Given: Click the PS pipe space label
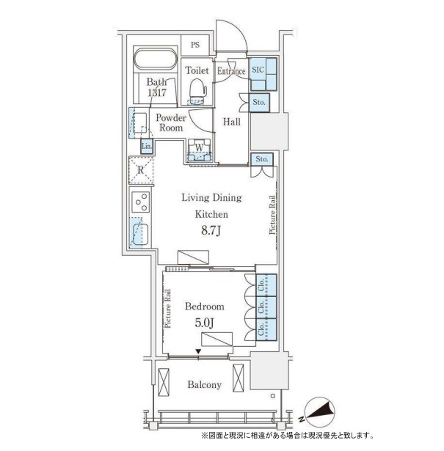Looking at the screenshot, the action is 195,45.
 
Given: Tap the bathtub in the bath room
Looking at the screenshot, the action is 156,59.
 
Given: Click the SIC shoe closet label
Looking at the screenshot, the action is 258,70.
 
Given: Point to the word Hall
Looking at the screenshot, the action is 232,122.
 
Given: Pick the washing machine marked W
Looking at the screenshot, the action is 199,150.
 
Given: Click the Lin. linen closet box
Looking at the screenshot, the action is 147,146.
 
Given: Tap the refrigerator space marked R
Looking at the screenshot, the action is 141,170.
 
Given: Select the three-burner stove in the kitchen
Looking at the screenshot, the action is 141,202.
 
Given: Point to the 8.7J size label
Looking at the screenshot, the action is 211,231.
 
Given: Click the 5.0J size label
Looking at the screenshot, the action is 204,323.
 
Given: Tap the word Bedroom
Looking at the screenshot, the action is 204,307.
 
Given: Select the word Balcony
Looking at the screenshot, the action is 204,384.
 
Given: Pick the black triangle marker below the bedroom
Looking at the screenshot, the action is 198,351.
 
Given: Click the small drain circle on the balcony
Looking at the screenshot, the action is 273,396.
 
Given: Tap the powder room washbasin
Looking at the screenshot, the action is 140,122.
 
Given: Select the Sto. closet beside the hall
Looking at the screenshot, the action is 259,103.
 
